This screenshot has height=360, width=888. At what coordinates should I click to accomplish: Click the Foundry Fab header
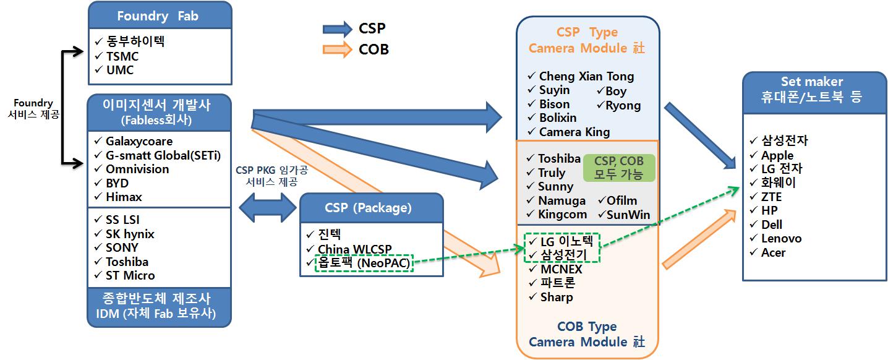click(x=160, y=16)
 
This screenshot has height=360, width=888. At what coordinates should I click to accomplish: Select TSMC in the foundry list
click(x=122, y=56)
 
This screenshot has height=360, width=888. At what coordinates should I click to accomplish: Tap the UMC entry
click(x=119, y=70)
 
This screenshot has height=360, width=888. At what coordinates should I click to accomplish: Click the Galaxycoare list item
click(x=138, y=141)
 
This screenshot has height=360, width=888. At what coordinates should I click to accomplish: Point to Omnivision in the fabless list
click(x=137, y=169)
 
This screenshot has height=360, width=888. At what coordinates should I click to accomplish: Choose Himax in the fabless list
click(x=124, y=197)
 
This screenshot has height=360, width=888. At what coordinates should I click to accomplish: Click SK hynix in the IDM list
click(x=130, y=234)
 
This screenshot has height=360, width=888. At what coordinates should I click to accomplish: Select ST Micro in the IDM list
click(x=130, y=275)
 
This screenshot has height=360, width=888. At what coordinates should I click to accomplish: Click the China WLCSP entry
click(x=354, y=249)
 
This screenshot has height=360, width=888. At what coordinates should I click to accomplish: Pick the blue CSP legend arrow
click(x=337, y=28)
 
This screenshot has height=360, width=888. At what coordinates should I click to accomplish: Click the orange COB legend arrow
click(x=337, y=49)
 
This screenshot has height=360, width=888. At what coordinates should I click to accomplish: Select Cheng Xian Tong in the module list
click(x=586, y=77)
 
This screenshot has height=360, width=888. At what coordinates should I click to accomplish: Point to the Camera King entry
click(x=574, y=132)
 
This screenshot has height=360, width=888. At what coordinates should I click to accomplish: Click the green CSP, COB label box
click(x=618, y=168)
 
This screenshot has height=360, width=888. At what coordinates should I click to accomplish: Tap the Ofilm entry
click(x=621, y=200)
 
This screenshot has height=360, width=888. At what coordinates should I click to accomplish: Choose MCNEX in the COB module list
click(x=561, y=269)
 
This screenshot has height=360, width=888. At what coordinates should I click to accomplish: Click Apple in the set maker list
click(x=777, y=155)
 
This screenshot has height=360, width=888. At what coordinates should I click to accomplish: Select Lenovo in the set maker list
click(x=781, y=238)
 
